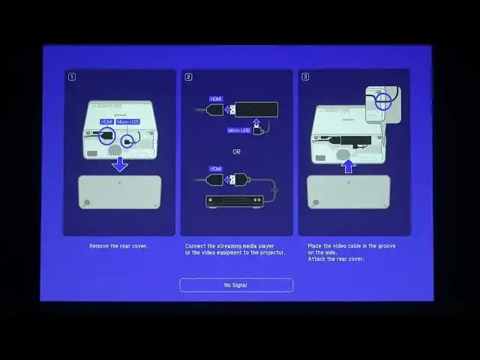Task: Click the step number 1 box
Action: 72,76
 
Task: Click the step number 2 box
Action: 189,76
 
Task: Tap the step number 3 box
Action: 306,76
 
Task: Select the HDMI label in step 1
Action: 106,121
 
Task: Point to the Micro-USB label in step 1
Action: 127,121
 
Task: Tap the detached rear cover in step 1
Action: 120,192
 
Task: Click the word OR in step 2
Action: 236,151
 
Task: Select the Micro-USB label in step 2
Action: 239,130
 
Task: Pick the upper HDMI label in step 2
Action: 217,97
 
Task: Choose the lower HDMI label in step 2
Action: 217,169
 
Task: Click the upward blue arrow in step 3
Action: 347,165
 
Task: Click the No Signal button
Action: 236,285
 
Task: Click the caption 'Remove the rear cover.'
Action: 118,246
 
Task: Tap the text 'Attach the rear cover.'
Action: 336,259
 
